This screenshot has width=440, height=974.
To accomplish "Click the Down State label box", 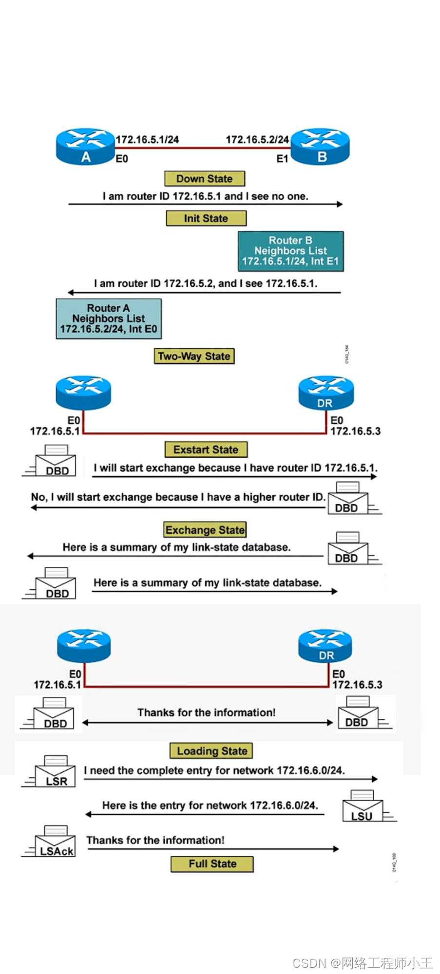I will [205, 179].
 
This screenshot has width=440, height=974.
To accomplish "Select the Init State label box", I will [206, 218].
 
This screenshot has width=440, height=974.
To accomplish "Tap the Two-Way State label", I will [194, 356].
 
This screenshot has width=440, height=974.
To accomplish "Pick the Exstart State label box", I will [206, 450].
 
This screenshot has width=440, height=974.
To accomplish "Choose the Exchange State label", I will [205, 530].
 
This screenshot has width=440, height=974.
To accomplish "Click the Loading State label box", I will [212, 751].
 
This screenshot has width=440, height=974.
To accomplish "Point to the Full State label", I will [212, 864].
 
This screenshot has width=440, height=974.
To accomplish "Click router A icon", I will [85, 147].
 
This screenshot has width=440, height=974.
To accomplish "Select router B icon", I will [321, 147].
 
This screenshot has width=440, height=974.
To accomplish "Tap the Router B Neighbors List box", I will [291, 251].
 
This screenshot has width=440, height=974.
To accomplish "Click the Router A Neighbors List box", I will [109, 318].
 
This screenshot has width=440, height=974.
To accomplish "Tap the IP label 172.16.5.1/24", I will [147, 140].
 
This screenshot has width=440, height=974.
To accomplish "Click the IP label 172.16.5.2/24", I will [257, 140].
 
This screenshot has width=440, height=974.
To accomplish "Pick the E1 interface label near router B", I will [282, 159].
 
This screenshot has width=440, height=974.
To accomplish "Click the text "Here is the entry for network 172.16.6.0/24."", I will [210, 805].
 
